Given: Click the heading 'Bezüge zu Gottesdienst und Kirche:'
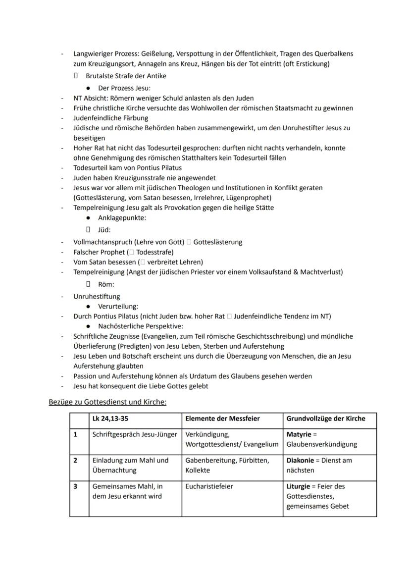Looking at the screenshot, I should (x=107, y=402).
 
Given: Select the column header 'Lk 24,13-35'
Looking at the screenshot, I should (x=111, y=419).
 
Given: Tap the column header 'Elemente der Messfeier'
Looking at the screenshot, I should (x=222, y=419).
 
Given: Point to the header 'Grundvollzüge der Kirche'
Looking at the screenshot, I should (x=325, y=419).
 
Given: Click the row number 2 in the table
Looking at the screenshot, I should (x=76, y=460).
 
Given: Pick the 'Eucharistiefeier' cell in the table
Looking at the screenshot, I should (x=209, y=486).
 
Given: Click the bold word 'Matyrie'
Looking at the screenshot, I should (x=299, y=434).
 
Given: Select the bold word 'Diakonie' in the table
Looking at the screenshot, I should (x=301, y=460).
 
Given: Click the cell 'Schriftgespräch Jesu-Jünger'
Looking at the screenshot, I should (x=135, y=434).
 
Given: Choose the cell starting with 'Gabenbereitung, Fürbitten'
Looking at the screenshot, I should (x=227, y=465).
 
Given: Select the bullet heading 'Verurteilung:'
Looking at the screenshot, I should (x=118, y=306).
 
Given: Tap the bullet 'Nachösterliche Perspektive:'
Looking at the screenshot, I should (x=140, y=326).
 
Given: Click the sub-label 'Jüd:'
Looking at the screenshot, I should (x=104, y=230).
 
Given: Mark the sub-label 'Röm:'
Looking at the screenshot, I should (x=105, y=284).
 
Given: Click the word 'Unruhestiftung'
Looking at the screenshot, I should (x=97, y=296).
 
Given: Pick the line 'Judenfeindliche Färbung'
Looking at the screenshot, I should (x=110, y=118).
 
